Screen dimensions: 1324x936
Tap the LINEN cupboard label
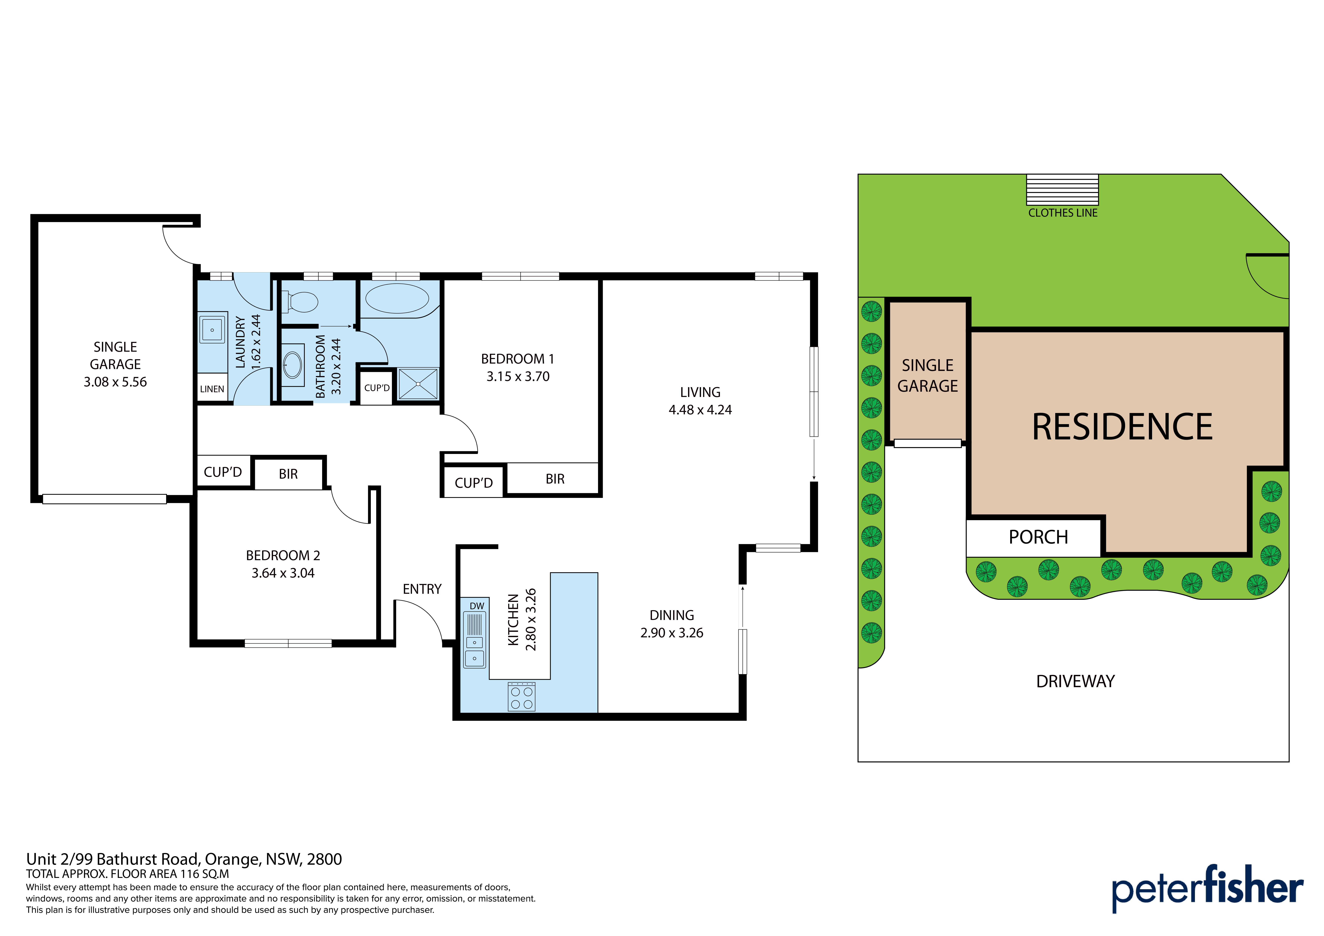coord(212,389)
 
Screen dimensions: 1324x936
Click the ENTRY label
coord(422,589)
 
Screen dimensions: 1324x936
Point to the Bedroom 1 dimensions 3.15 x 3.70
coord(518,377)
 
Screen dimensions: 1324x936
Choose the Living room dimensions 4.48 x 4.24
coord(700,410)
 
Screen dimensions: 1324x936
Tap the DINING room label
coord(672,615)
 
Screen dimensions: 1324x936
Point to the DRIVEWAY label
coord(1075,682)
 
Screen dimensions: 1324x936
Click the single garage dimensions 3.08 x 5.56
coord(115,382)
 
